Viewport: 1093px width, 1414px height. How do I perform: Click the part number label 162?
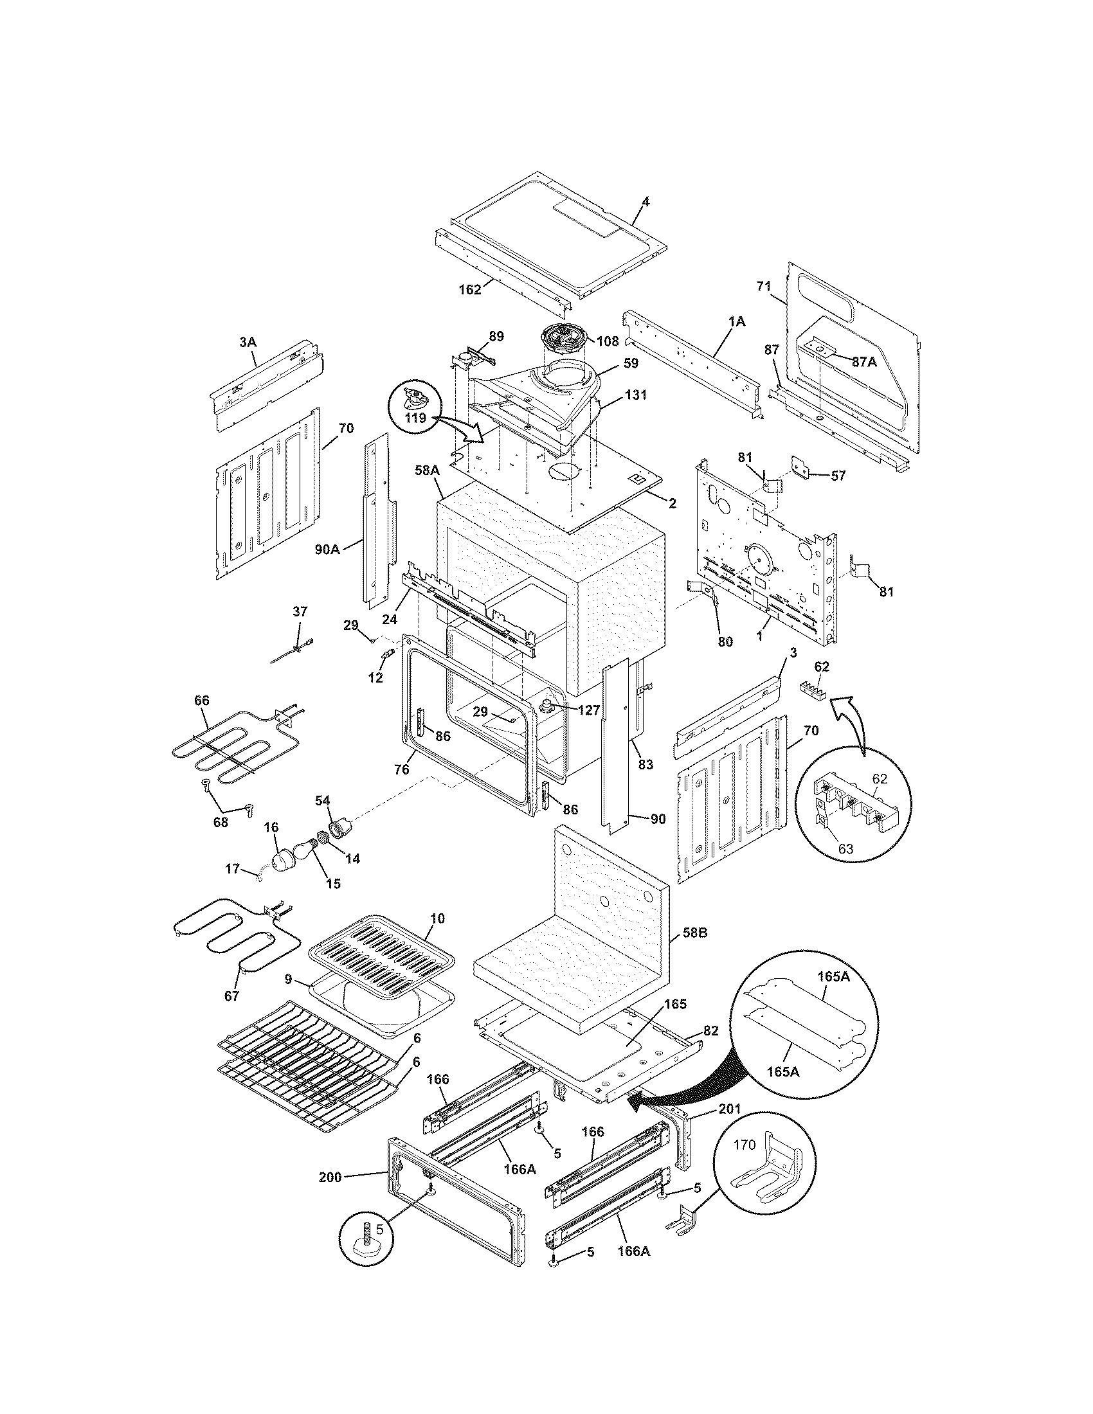(x=470, y=289)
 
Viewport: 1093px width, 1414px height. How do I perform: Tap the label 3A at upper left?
(x=248, y=342)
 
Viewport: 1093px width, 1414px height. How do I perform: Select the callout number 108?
(x=608, y=341)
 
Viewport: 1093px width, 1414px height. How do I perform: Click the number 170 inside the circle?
(x=744, y=1145)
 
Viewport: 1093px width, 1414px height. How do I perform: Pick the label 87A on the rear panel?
(x=863, y=362)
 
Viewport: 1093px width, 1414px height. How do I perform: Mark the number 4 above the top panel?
(x=646, y=201)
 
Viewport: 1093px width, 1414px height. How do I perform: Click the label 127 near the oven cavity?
(x=588, y=709)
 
